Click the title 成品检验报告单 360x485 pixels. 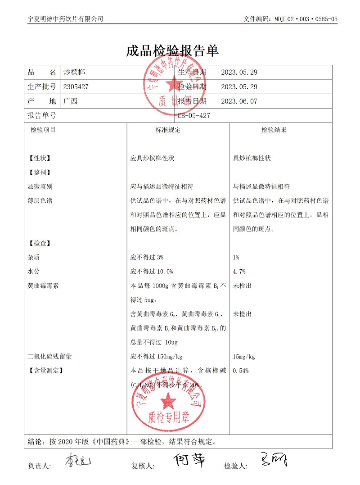pos(172,51)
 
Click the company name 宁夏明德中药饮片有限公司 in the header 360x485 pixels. pos(65,19)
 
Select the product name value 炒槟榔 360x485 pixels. pos(74,73)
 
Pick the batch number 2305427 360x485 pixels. pos(76,87)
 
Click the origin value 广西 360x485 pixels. pos(71,101)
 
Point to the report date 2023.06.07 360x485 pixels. pos(239,101)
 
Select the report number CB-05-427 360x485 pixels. pos(193,116)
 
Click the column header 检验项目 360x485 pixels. pos(43,130)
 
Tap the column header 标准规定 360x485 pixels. pos(168,130)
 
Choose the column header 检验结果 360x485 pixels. pos(274,130)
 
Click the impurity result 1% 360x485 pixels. pos(236,258)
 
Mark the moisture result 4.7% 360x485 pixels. pos(239,272)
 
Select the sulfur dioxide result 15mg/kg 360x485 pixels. pos(244,357)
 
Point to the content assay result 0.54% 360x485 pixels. pos(241,371)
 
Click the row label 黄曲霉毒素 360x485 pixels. pos(43,286)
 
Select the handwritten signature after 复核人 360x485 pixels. pos(189,460)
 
